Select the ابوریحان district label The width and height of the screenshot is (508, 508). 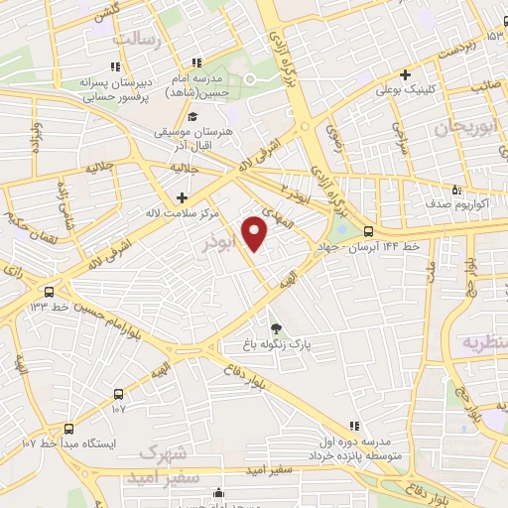tap(462, 128)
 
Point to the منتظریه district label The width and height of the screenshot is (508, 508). tap(484, 341)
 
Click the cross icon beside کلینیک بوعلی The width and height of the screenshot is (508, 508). tap(405, 74)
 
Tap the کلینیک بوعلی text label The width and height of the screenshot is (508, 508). tap(405, 90)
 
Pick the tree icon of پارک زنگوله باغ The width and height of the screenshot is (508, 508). tap(276, 329)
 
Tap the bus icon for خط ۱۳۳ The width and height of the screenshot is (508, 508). tap(48, 292)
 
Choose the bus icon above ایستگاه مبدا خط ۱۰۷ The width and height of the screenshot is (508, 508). tap(68, 429)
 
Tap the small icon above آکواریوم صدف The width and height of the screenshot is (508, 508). tap(456, 189)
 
